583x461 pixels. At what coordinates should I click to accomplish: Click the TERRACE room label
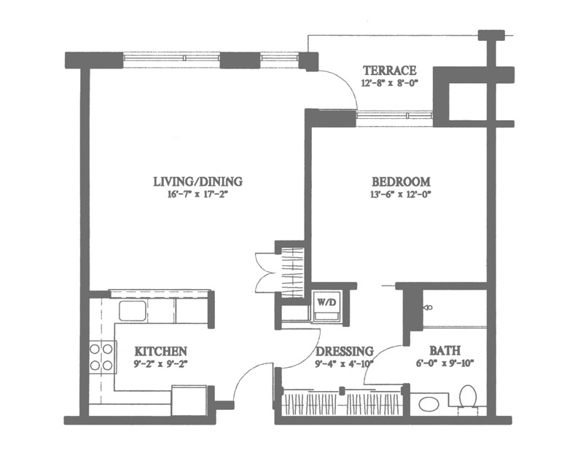[x=390, y=70]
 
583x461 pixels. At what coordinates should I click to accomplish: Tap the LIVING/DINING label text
[x=197, y=181]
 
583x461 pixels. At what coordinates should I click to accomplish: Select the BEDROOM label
[x=402, y=181]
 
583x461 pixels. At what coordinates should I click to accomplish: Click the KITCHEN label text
[x=160, y=351]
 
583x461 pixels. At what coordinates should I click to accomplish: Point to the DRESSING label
[x=344, y=351]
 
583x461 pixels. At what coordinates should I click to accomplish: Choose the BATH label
[x=445, y=350]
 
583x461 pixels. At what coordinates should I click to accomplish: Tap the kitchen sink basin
[x=132, y=310]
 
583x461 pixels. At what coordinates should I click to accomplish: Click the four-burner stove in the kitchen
[x=101, y=357]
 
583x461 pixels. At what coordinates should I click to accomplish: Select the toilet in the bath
[x=468, y=399]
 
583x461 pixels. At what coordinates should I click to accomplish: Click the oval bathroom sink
[x=429, y=404]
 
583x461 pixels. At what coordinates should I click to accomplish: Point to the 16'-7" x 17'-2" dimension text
[x=197, y=194]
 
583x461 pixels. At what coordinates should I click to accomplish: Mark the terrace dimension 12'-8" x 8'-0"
[x=390, y=82]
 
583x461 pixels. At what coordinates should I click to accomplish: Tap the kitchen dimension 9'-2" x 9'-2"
[x=159, y=363]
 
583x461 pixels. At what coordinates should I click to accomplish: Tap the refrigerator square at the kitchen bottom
[x=189, y=400]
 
